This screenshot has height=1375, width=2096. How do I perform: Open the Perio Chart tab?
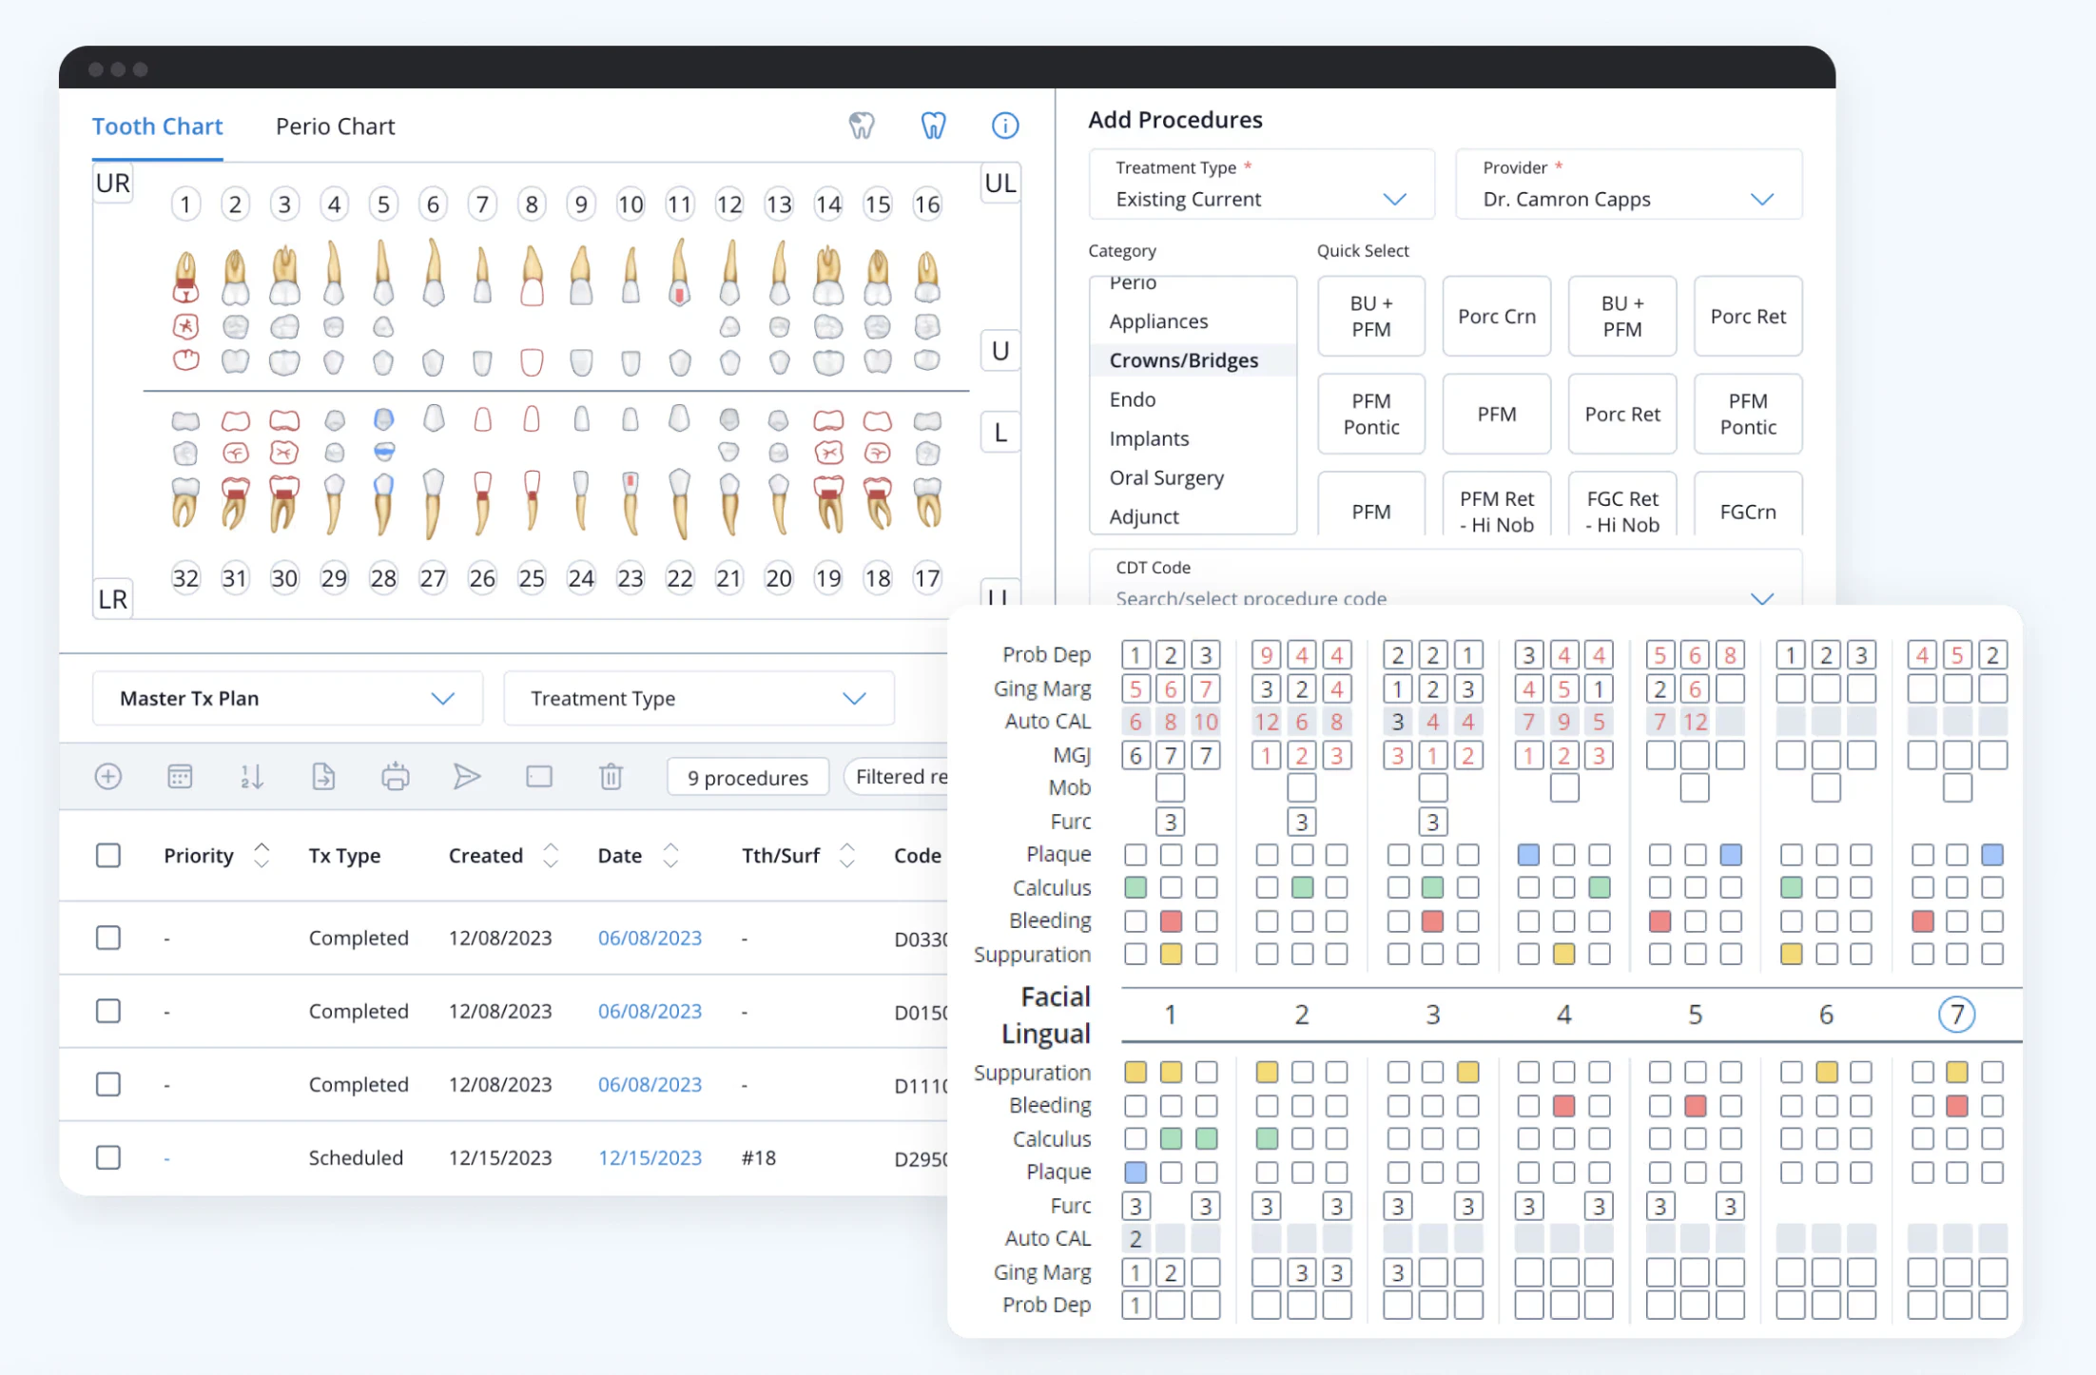pyautogui.click(x=335, y=126)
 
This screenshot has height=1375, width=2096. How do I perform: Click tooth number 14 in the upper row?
pyautogui.click(x=827, y=204)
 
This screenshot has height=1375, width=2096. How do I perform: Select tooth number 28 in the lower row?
pyautogui.click(x=383, y=578)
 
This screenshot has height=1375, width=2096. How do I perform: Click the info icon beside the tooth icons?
pyautogui.click(x=1004, y=126)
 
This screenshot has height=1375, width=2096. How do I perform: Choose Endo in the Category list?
pyautogui.click(x=1132, y=399)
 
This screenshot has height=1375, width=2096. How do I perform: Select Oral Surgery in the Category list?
pyautogui.click(x=1166, y=477)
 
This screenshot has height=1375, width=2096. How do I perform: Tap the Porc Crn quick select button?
pyautogui.click(x=1496, y=317)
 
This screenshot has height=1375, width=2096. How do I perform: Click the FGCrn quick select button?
pyautogui.click(x=1747, y=511)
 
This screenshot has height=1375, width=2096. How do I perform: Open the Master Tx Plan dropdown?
pyautogui.click(x=286, y=698)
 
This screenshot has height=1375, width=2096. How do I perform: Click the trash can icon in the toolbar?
pyautogui.click(x=611, y=777)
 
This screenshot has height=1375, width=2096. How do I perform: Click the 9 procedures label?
pyautogui.click(x=747, y=778)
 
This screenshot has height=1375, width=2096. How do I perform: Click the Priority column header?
pyautogui.click(x=198, y=855)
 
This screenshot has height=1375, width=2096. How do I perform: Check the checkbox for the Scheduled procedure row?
pyautogui.click(x=108, y=1157)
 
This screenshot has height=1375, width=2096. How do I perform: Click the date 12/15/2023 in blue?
pyautogui.click(x=650, y=1157)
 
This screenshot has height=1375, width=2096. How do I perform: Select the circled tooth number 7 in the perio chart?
pyautogui.click(x=1956, y=1015)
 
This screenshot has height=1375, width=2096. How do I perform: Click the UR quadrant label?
pyautogui.click(x=113, y=184)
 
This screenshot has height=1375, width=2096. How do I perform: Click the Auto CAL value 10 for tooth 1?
pyautogui.click(x=1206, y=722)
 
